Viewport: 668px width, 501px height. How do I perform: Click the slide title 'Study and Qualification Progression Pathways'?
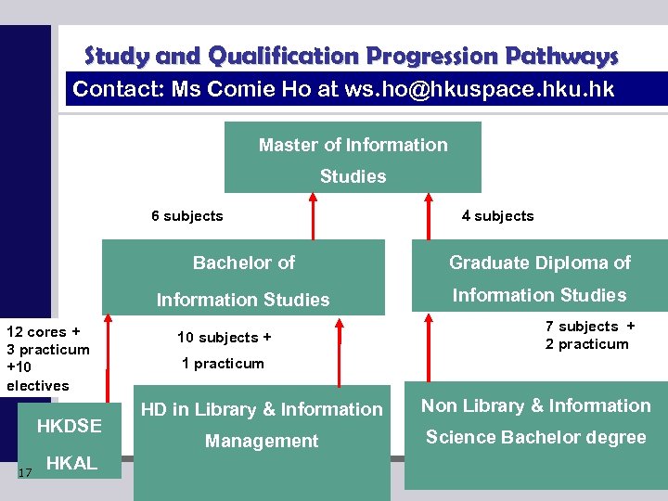pos(351,57)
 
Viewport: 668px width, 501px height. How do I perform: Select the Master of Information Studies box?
pos(353,159)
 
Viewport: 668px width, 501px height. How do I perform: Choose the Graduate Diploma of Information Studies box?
pos(539,278)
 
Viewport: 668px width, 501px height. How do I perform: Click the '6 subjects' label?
pos(187,216)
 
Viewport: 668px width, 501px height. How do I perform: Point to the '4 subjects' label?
pos(497,216)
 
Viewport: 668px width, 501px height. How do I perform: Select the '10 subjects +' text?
pos(225,338)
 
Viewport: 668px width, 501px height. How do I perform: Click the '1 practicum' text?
pos(223,364)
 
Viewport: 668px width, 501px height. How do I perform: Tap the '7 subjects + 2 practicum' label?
pos(589,335)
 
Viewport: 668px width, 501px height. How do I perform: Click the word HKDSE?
pos(69,427)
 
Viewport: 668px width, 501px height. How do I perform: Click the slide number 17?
pos(25,473)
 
